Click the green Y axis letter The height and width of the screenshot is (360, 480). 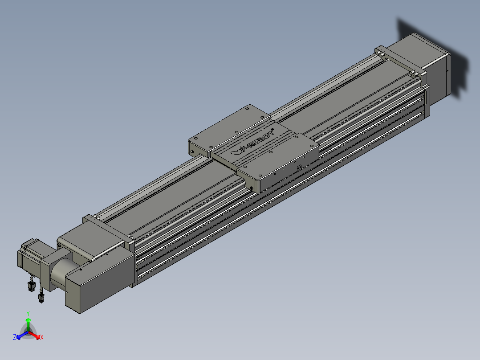(28, 313)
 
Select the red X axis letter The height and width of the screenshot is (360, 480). (42, 337)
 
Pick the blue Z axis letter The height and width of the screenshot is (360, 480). (15, 337)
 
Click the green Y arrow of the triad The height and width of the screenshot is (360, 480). (28, 325)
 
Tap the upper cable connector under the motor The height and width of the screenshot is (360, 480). (31, 286)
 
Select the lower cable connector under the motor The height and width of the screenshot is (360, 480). (41, 297)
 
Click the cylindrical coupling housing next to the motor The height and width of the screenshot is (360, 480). (59, 274)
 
